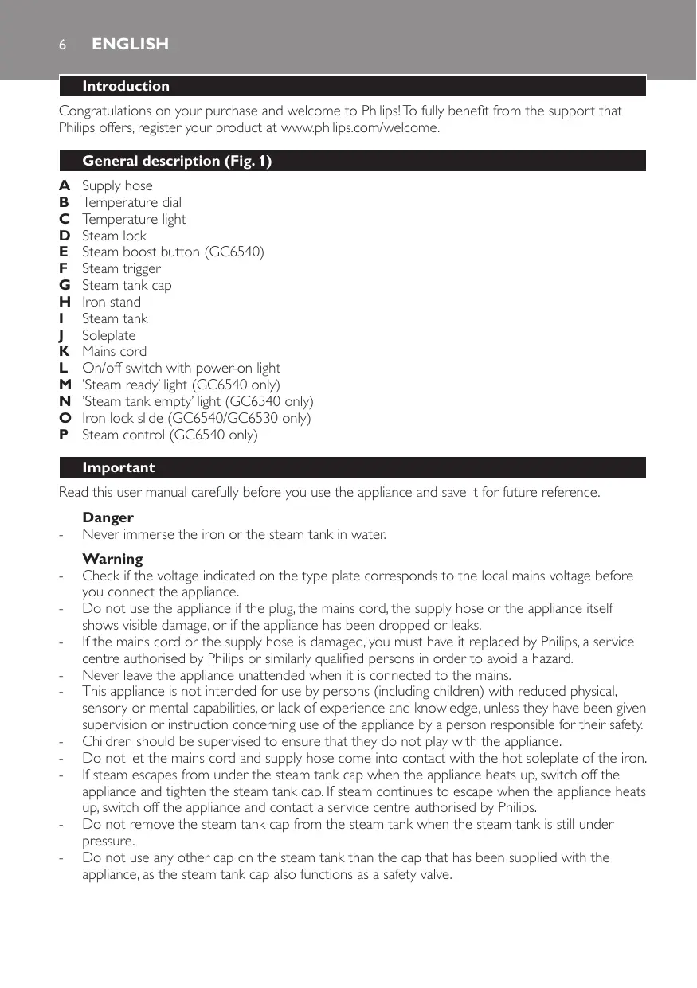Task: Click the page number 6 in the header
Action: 61,45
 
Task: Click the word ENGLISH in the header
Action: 130,45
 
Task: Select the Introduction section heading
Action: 126,86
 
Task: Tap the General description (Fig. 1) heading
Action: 177,162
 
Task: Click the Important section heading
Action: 119,467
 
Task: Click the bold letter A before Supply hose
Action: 64,185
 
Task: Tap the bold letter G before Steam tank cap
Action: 65,285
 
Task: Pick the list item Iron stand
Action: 112,302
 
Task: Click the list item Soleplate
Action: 109,335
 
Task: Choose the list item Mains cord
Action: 115,351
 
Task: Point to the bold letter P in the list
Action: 64,435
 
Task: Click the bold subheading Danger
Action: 108,518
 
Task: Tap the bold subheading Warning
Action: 112,559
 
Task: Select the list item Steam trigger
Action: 121,268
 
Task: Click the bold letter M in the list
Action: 65,385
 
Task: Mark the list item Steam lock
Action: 115,236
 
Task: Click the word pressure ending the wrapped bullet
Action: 108,840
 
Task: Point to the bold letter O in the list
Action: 65,418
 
